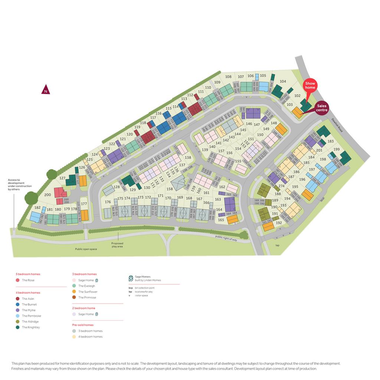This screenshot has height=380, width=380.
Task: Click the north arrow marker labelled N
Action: [x=46, y=90]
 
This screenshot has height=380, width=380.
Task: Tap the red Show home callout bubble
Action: [x=310, y=86]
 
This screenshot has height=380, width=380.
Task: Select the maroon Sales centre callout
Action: [x=322, y=108]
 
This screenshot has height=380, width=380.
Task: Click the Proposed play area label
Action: [x=117, y=245]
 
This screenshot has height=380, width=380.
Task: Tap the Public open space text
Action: [x=86, y=249]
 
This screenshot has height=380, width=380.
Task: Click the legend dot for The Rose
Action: [x=17, y=280]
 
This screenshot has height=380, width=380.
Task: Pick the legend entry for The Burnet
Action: [x=29, y=304]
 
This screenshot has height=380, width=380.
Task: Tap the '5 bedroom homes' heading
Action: [x=28, y=274]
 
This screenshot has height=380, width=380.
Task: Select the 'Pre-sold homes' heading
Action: [x=83, y=325]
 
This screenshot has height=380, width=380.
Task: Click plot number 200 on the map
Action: [x=47, y=195]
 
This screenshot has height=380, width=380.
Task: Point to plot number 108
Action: [x=228, y=77]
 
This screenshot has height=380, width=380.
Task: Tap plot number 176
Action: [x=108, y=202]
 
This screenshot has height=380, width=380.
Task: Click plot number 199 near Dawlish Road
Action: [x=337, y=150]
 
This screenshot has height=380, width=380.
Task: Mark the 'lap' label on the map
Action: [x=277, y=245]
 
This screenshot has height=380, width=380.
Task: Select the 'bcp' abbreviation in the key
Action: [x=131, y=288]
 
